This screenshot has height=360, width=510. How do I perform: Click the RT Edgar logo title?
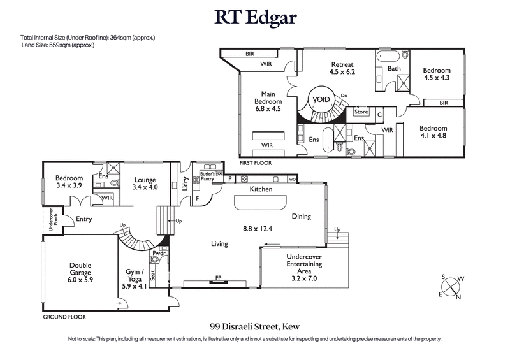[x=254, y=17]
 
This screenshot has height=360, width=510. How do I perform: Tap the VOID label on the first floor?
[x=321, y=100]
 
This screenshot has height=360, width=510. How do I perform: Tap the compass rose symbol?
[x=453, y=285]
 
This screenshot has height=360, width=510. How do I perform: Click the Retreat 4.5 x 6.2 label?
[x=342, y=68]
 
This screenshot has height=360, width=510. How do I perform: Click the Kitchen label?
[x=261, y=189]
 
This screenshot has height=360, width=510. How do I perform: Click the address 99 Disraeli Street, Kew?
[x=254, y=326]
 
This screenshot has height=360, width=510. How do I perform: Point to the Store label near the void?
[x=361, y=112]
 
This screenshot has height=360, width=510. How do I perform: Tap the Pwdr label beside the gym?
[x=158, y=253]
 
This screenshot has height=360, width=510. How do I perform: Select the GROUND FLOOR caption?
[x=64, y=317]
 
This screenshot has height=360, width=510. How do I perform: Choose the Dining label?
[x=302, y=217]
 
